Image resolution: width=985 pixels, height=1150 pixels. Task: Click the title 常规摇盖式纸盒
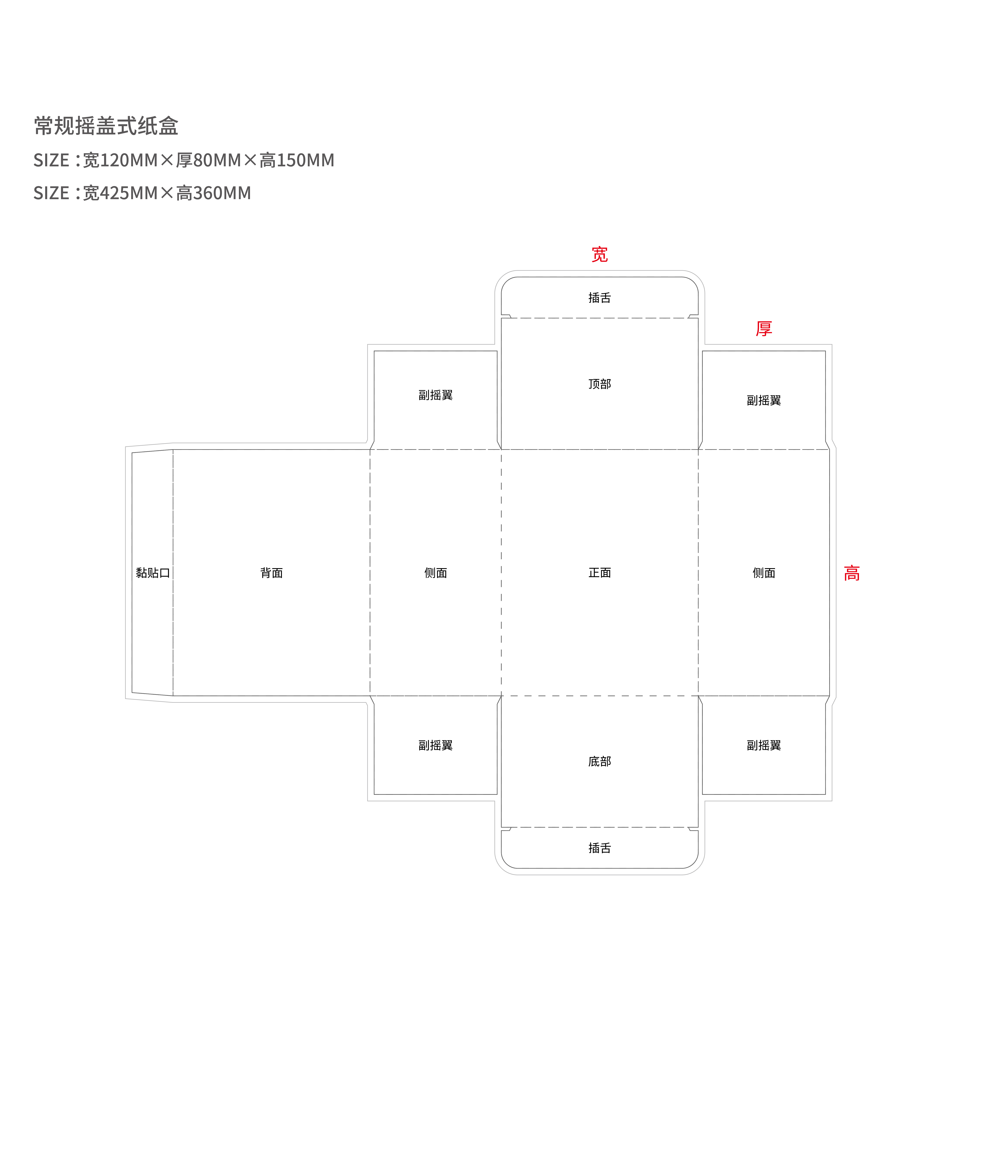tap(106, 126)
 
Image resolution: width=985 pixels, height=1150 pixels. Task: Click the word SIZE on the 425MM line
tap(51, 193)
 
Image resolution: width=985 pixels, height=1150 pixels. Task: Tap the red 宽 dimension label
tap(600, 255)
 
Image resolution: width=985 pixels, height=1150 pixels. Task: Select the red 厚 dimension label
tap(764, 329)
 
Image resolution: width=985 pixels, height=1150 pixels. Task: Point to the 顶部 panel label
tap(600, 384)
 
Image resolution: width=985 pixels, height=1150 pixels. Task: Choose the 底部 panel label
tap(600, 761)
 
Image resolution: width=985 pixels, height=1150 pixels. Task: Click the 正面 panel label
tap(600, 573)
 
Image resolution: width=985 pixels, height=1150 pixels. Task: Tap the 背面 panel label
tap(272, 573)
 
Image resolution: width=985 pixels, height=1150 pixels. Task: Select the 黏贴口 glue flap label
tap(153, 573)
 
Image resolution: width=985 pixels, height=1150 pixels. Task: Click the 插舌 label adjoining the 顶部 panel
tap(600, 298)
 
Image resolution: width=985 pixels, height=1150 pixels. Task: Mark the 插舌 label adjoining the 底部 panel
tap(600, 848)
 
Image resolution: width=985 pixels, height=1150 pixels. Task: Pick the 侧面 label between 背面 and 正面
tap(435, 573)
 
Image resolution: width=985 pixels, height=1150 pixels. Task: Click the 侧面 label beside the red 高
tap(764, 573)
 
